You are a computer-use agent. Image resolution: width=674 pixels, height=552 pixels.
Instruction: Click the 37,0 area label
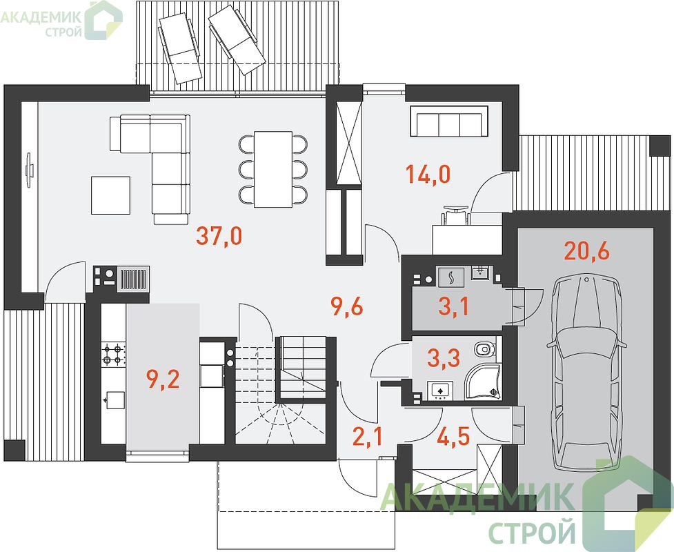(x=219, y=236)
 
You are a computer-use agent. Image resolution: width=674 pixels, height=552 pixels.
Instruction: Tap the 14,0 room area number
(x=428, y=175)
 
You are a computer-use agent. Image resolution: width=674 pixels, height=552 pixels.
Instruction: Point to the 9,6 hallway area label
(x=347, y=307)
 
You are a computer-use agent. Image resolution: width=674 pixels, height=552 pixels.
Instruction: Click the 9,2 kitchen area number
(x=163, y=379)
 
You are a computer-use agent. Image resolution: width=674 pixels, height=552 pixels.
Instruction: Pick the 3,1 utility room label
(x=453, y=306)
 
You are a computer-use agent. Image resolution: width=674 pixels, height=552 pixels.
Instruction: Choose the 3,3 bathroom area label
(x=444, y=357)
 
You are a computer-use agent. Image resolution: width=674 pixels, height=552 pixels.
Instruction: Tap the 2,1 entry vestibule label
(x=368, y=437)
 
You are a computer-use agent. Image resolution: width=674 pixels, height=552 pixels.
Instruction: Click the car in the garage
(x=586, y=373)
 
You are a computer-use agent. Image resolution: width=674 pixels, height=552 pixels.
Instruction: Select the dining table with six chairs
(x=273, y=169)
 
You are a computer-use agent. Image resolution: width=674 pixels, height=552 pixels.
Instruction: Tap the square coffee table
(x=110, y=195)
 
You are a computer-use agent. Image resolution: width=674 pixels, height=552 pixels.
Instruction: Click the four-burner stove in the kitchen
(x=113, y=354)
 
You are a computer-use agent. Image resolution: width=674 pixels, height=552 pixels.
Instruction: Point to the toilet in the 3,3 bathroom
(x=485, y=349)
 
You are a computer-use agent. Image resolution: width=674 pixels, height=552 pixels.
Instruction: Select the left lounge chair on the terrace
(x=179, y=48)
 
